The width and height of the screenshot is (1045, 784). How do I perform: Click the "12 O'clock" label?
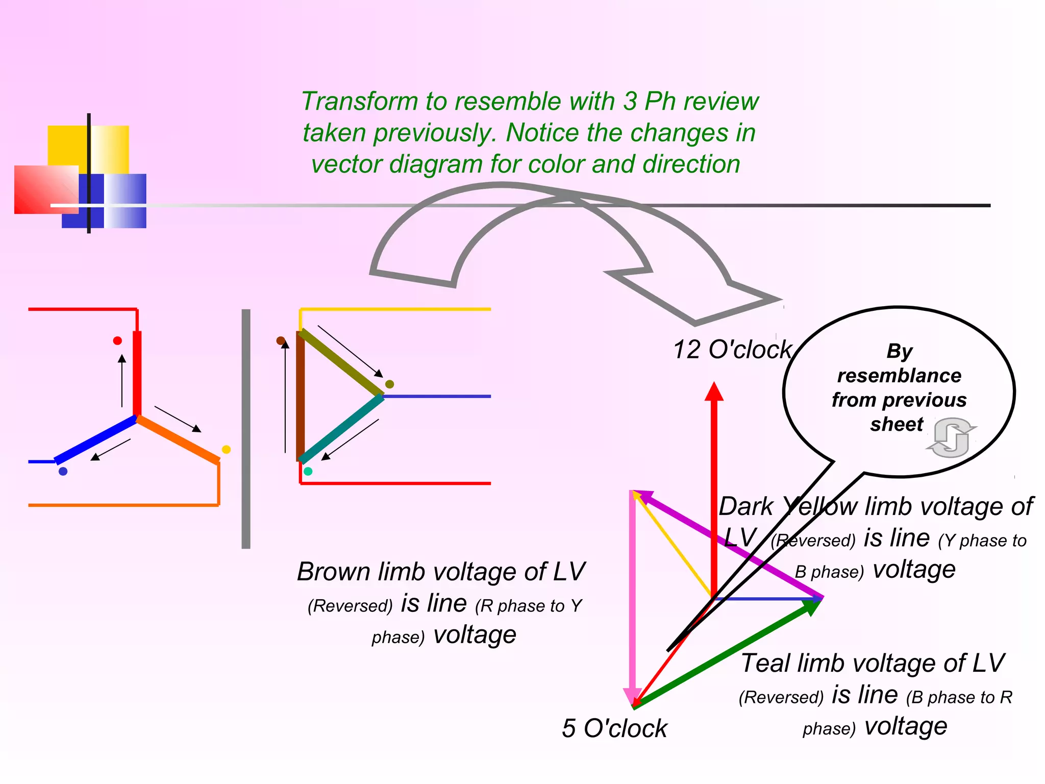[x=732, y=350]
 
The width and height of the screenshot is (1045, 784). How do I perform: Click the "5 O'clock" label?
[x=614, y=728]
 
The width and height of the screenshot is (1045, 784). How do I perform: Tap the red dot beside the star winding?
[x=117, y=340]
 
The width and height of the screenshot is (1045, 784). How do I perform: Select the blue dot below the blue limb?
[x=63, y=471]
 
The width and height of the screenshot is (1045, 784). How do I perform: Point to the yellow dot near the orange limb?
[x=227, y=449]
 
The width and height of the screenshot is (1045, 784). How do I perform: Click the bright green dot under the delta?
[x=308, y=471]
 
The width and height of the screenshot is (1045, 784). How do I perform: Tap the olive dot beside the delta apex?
[x=389, y=384]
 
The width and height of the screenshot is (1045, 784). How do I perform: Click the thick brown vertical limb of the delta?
[x=301, y=396]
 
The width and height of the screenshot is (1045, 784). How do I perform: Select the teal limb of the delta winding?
[x=342, y=429]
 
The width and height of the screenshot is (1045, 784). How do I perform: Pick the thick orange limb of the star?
[x=179, y=440]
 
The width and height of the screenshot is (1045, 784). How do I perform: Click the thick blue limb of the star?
[x=96, y=440]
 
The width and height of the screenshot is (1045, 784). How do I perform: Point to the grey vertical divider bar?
[x=246, y=429]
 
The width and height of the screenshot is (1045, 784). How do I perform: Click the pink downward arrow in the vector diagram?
[x=633, y=597]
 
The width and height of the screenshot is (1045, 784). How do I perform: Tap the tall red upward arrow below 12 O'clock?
[x=714, y=485]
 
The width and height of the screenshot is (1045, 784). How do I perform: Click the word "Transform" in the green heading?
[x=359, y=101]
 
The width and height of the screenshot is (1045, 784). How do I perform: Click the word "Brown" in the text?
[x=334, y=572]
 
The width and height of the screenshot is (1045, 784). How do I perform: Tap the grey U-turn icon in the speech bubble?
[x=951, y=438]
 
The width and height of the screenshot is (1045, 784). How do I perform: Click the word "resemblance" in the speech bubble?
[x=899, y=376]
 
